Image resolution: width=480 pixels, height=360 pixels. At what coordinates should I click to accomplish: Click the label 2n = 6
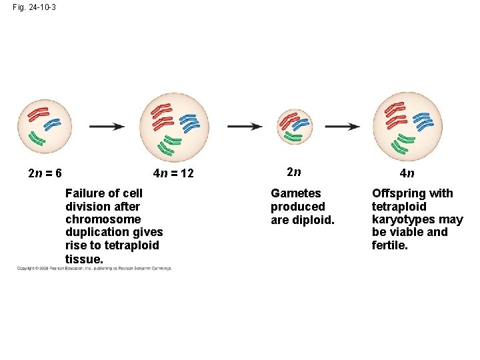point(45,173)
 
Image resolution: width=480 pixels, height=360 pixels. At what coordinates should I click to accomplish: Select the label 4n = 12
point(173,173)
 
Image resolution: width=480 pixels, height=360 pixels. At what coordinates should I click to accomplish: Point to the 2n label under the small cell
point(294,172)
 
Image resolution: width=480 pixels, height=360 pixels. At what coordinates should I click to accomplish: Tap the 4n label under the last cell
point(407,173)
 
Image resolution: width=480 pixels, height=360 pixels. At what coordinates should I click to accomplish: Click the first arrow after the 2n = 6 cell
point(107,126)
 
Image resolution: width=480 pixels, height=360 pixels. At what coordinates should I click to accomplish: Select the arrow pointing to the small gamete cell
point(245,126)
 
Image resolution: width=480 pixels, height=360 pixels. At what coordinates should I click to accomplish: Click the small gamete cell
point(294,127)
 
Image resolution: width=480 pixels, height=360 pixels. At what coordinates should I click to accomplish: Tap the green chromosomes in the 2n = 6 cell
point(36,139)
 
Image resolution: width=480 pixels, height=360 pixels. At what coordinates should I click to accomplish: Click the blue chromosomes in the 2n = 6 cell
point(51,124)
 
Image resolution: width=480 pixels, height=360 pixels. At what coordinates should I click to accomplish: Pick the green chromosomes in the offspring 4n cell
point(405,142)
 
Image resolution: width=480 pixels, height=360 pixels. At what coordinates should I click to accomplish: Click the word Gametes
point(295,193)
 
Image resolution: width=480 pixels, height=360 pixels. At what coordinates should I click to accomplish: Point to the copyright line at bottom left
point(94,269)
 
